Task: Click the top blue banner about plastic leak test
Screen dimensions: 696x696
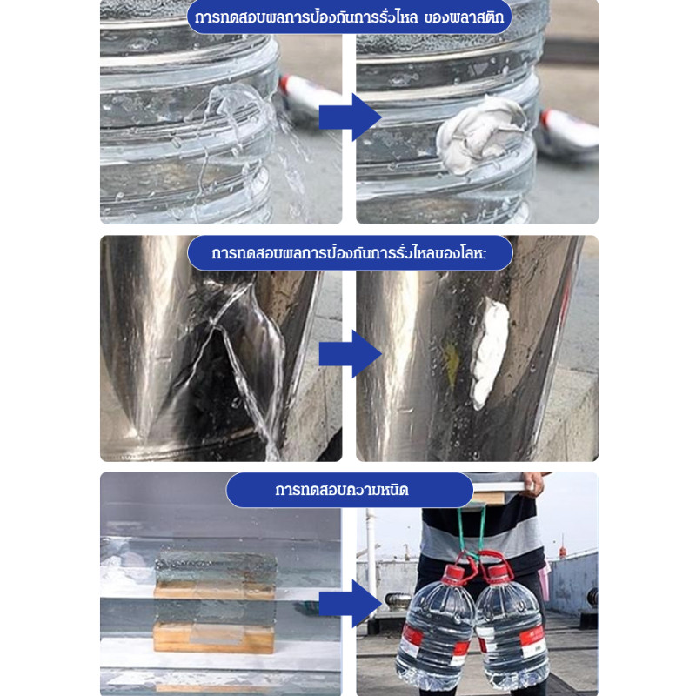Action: pyautogui.click(x=350, y=17)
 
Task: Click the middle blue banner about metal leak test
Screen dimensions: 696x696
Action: pyautogui.click(x=350, y=253)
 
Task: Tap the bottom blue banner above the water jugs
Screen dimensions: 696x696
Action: pyautogui.click(x=350, y=490)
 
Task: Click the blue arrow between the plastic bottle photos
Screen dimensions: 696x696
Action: pyautogui.click(x=351, y=117)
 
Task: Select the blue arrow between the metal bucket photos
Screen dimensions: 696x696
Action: pyautogui.click(x=351, y=354)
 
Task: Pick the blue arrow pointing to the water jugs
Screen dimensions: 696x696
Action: pyautogui.click(x=351, y=604)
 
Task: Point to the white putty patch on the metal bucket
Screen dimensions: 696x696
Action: pyautogui.click(x=489, y=353)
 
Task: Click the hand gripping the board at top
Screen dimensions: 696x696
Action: pyautogui.click(x=534, y=484)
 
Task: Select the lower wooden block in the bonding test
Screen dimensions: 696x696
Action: pyautogui.click(x=214, y=638)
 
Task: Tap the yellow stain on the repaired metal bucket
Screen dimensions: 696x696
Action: pyautogui.click(x=451, y=364)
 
